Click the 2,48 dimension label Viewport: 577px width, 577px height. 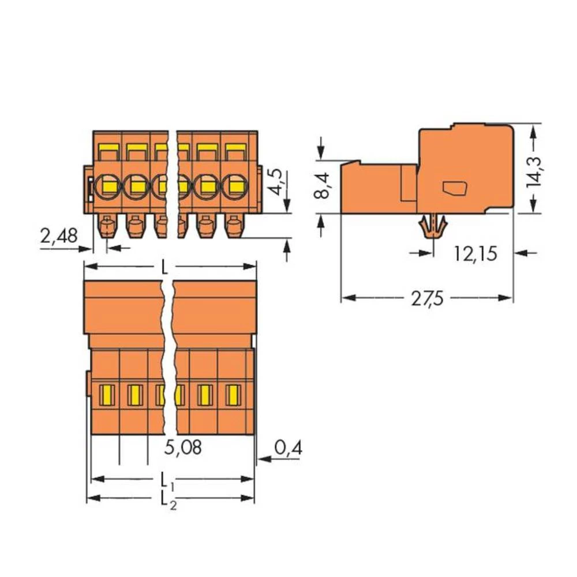[59, 236]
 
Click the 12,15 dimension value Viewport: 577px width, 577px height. [474, 253]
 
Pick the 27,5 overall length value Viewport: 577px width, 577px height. [428, 299]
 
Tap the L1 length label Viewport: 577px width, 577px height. [166, 479]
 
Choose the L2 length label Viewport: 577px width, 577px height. [166, 497]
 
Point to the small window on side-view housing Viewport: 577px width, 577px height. [454, 188]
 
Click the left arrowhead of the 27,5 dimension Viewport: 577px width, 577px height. [346, 298]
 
